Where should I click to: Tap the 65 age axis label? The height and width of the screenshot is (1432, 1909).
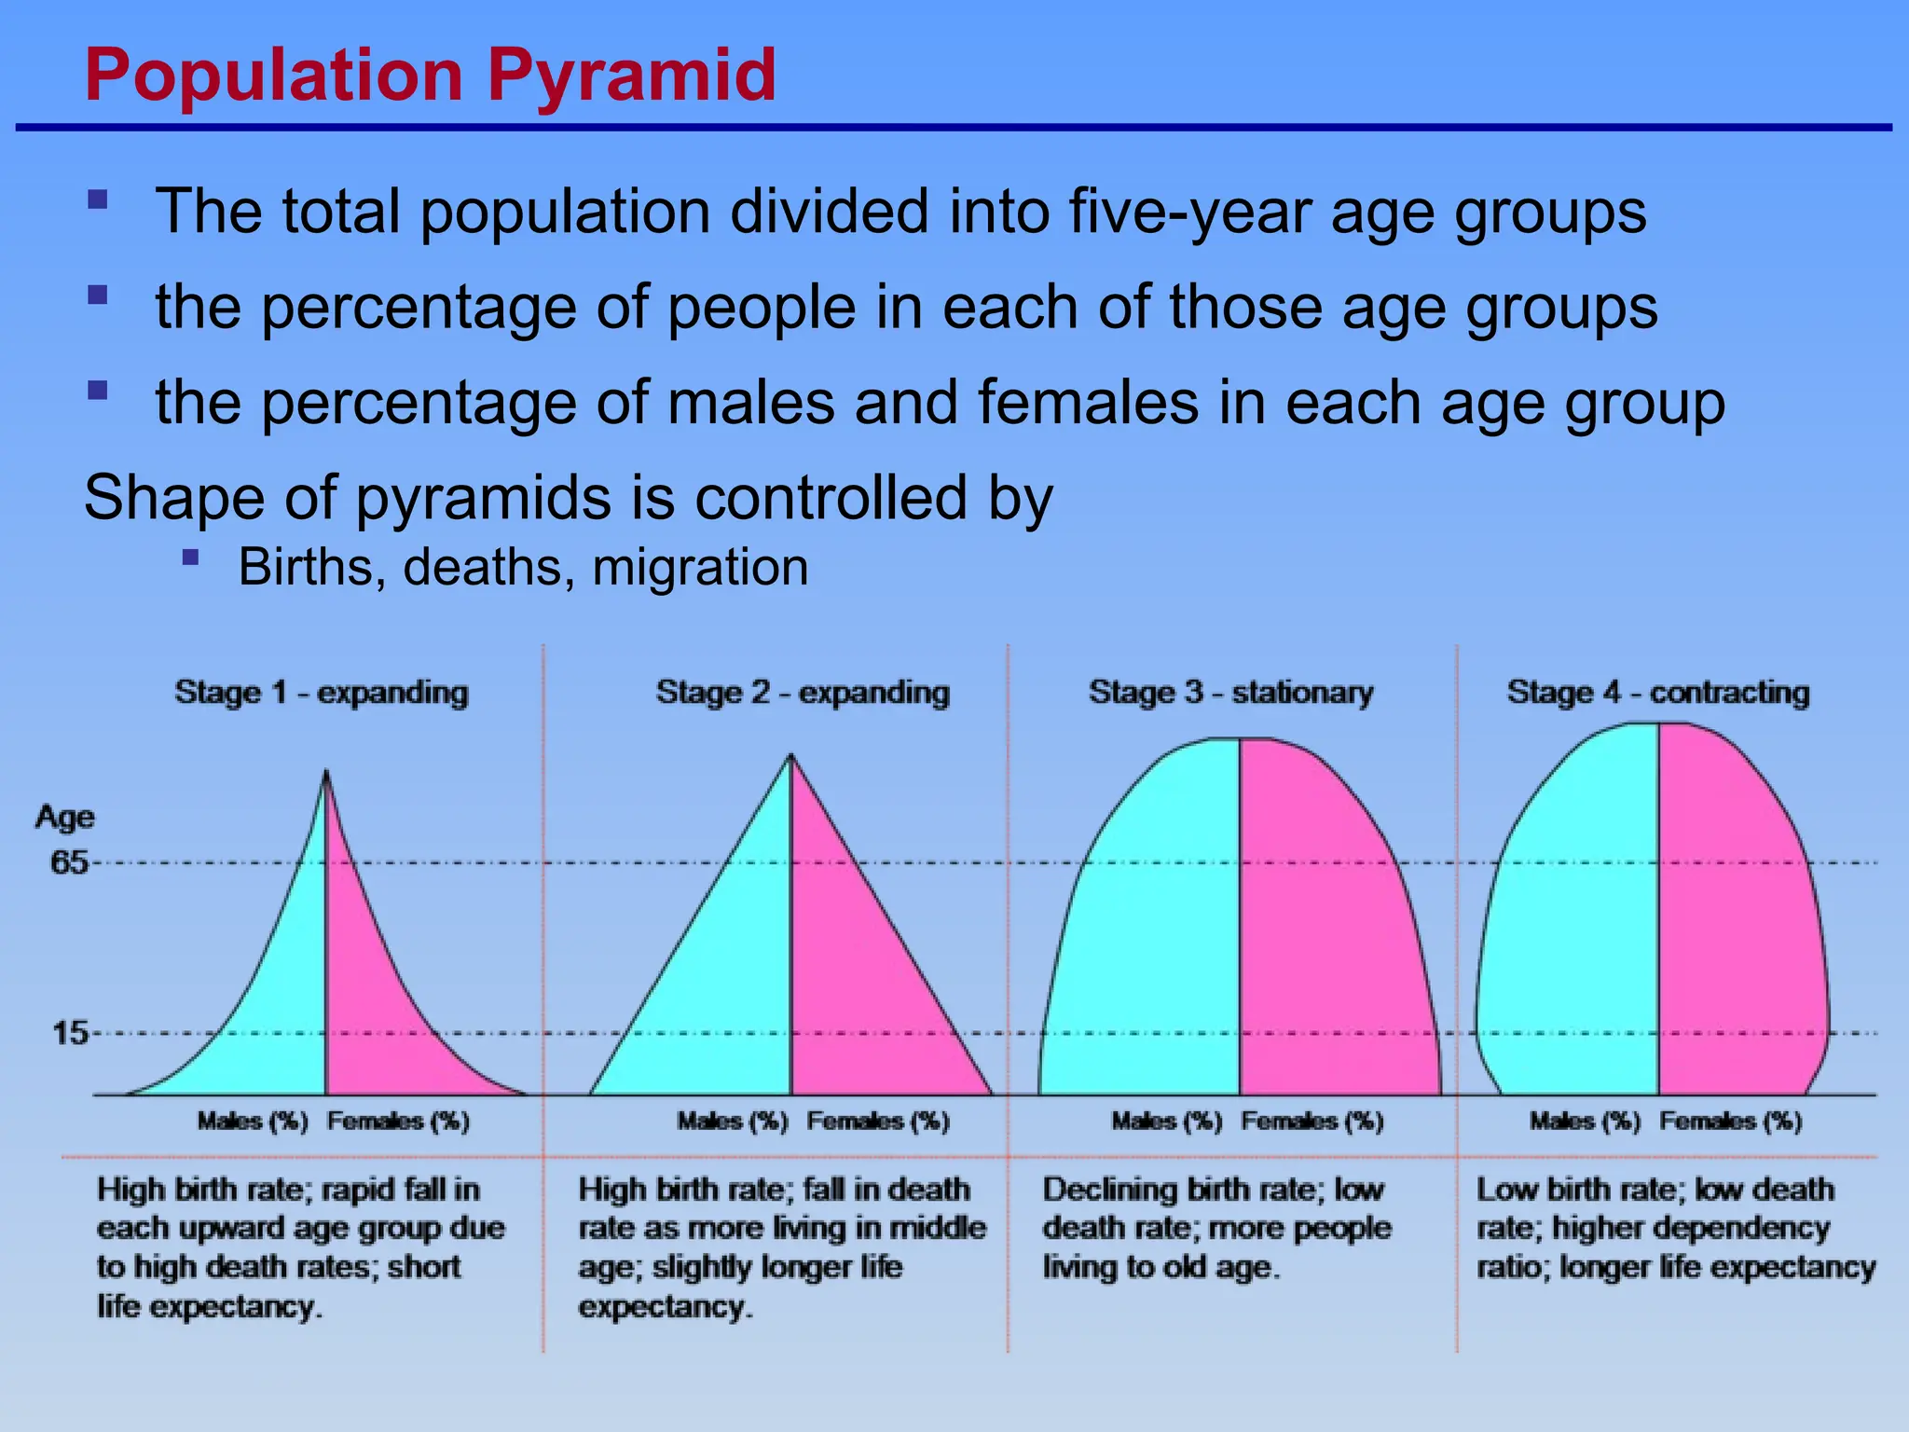coord(69,862)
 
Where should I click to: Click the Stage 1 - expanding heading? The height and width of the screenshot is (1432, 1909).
coord(322,693)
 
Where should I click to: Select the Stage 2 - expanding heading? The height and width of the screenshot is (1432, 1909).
coord(803,693)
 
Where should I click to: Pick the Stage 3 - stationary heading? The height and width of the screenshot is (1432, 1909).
coord(1230,693)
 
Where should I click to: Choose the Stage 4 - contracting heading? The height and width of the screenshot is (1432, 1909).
coord(1658,693)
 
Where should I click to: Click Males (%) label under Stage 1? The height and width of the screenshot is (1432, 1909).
coord(253,1121)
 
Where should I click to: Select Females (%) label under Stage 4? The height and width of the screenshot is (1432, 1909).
coord(1731,1121)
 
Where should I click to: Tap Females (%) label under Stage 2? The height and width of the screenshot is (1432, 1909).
coord(878,1121)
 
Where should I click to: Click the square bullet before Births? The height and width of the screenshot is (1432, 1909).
coord(191,558)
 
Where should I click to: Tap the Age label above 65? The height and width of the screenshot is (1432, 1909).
coord(64,817)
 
